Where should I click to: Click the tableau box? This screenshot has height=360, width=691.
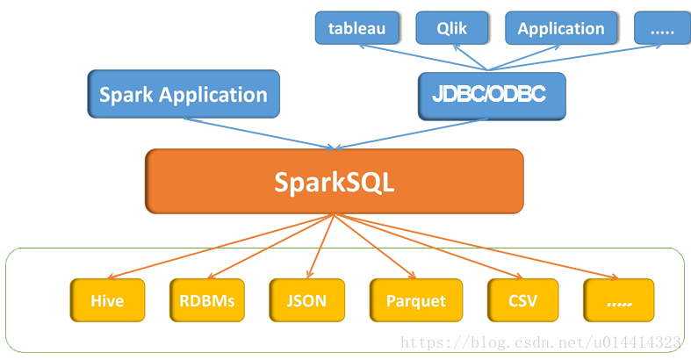pos(356,28)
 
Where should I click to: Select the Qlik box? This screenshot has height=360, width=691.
pos(452,28)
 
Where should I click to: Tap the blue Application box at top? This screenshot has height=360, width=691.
pos(560,28)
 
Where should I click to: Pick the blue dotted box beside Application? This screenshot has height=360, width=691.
pos(662,28)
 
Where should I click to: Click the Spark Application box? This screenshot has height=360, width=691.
pos(183,95)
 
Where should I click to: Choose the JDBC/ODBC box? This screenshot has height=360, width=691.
pos(491,95)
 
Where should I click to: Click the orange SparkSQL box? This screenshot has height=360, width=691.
pos(334,182)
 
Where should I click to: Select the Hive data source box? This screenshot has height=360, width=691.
pos(107,300)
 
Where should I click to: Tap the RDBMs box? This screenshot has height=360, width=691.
pos(207,300)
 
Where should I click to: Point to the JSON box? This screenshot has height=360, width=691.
pos(306,300)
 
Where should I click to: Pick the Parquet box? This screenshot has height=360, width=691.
pos(415,300)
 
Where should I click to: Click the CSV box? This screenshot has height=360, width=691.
pos(522,300)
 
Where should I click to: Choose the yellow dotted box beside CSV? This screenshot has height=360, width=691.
pos(618,300)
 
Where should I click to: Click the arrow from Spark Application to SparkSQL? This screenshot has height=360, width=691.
pos(255,131)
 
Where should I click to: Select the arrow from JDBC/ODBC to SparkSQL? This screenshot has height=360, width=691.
pos(413,133)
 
